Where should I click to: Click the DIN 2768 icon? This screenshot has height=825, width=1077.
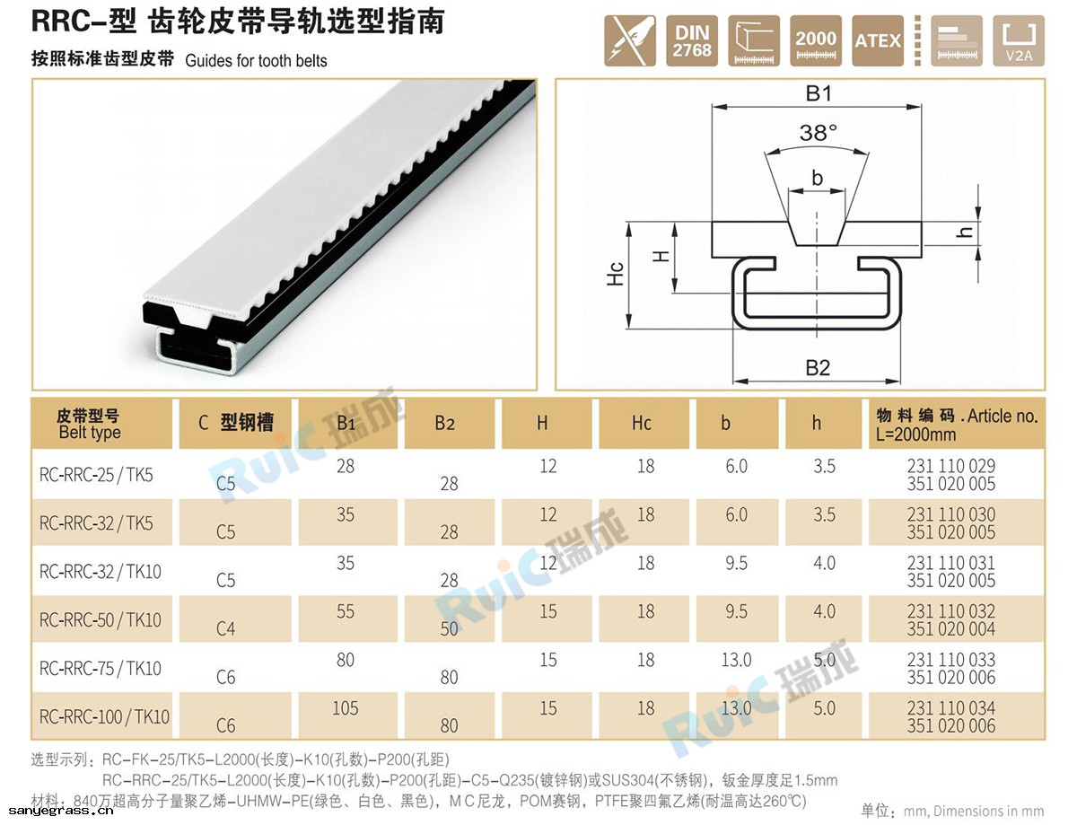[x=692, y=40]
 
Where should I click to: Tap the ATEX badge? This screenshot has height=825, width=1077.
[x=878, y=40]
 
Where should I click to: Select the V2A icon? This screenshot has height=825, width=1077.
[x=1019, y=40]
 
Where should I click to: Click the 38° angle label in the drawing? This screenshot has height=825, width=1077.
[x=818, y=132]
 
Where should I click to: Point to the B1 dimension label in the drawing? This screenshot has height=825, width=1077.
[x=819, y=93]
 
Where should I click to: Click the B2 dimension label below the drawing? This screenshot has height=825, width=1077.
[x=818, y=368]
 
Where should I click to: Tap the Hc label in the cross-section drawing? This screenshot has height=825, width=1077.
[x=615, y=274]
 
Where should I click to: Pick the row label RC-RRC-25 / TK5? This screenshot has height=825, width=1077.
[x=96, y=475]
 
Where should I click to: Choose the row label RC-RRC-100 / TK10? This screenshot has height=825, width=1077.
[x=104, y=716]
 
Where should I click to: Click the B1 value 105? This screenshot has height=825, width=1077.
[x=345, y=708]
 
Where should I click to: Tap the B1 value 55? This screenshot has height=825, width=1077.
[x=346, y=611]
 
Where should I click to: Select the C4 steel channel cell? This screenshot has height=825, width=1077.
[x=225, y=628]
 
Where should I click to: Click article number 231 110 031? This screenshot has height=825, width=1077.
[x=951, y=563]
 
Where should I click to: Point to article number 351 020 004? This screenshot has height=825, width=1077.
[x=951, y=628]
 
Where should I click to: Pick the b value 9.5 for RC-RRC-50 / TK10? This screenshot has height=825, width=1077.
[x=737, y=611]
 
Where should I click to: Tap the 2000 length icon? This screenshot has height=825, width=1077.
[x=816, y=40]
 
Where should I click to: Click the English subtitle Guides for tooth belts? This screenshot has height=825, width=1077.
[x=257, y=60]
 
